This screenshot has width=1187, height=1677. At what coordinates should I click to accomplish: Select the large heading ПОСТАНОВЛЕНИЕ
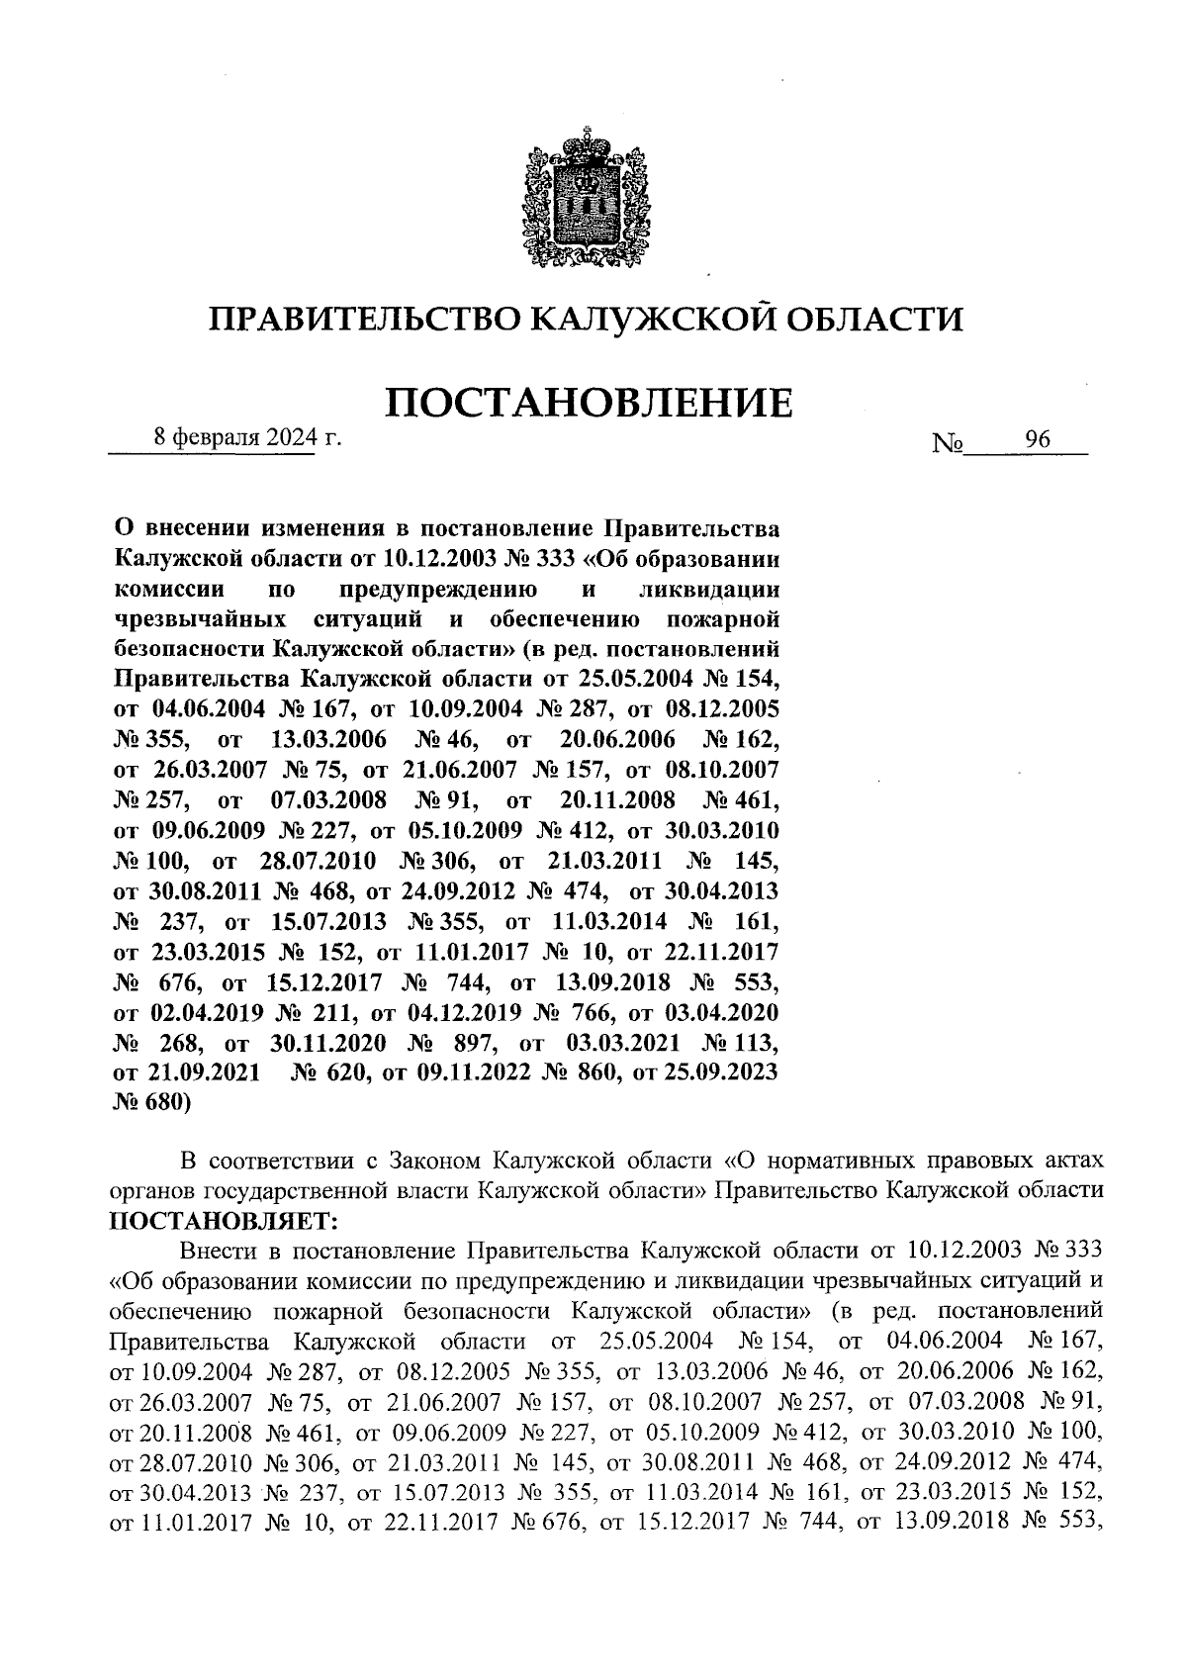pyautogui.click(x=588, y=404)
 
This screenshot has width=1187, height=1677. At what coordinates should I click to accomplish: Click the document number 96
pyautogui.click(x=1038, y=441)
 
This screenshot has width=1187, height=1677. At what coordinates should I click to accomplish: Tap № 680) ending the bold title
pyautogui.click(x=153, y=1103)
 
